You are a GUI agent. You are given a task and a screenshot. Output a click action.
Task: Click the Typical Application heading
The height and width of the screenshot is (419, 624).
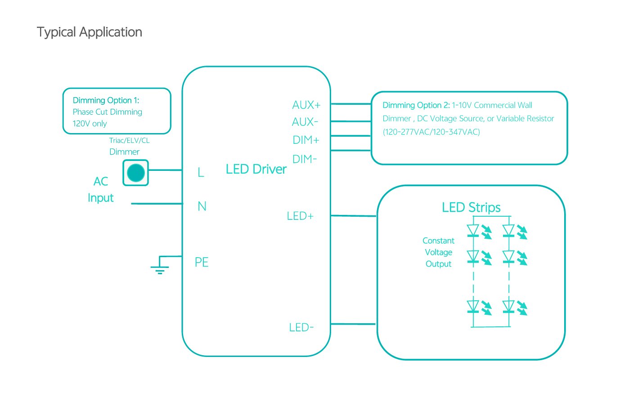tap(89, 32)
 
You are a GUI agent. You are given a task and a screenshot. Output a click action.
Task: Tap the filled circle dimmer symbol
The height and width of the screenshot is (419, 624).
tap(136, 173)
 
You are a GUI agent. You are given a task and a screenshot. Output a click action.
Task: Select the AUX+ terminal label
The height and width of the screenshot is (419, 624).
tap(306, 105)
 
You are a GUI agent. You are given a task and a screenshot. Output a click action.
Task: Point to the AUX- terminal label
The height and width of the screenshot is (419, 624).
tap(305, 122)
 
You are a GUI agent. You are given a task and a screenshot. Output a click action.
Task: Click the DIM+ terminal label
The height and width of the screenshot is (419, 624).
tap(306, 140)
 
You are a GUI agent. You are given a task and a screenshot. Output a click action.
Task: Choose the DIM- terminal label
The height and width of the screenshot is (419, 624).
tap(305, 159)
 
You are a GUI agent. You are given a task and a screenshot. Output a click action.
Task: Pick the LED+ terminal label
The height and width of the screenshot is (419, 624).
tap(300, 216)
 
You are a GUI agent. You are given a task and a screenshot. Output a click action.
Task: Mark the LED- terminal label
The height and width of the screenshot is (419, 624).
tap(301, 328)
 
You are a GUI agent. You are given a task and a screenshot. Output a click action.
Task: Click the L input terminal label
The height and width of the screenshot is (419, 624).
tap(201, 173)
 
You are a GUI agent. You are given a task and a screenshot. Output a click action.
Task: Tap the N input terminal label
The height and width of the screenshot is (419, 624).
tap(202, 207)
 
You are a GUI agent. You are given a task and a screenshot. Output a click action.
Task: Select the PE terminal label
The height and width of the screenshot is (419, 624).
tap(202, 263)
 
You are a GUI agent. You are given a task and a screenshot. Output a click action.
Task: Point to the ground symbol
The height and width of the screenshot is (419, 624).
tap(160, 268)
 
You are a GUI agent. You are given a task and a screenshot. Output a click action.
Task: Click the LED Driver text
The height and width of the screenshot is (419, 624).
tap(256, 169)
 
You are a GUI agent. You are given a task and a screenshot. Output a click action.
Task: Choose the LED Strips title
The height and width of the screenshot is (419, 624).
tap(471, 208)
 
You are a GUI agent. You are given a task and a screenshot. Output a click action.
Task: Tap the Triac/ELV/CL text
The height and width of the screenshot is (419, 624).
tap(129, 141)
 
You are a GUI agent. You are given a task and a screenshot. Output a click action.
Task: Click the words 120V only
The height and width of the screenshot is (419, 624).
tap(90, 124)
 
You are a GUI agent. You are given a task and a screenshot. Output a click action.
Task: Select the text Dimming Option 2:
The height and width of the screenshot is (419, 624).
tap(416, 106)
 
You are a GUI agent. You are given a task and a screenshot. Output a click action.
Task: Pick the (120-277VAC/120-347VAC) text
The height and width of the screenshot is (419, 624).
tap(431, 132)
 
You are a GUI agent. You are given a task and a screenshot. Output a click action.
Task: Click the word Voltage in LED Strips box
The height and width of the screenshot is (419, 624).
tap(439, 253)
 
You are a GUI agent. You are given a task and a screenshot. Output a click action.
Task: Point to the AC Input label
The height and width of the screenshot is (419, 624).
tap(101, 190)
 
